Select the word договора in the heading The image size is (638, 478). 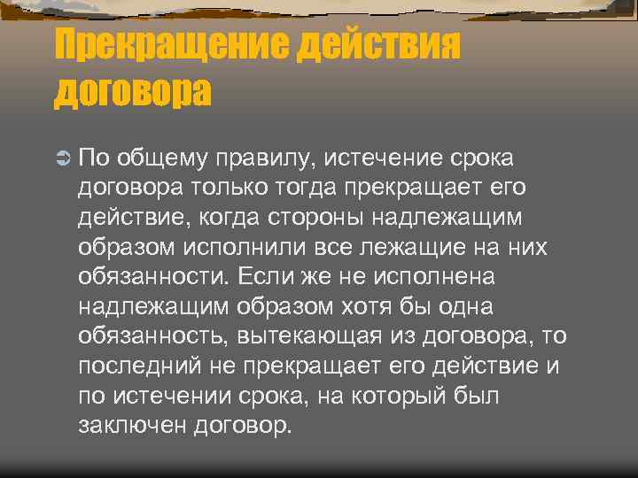pos(134,90)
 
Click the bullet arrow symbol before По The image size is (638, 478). pos(61,158)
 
